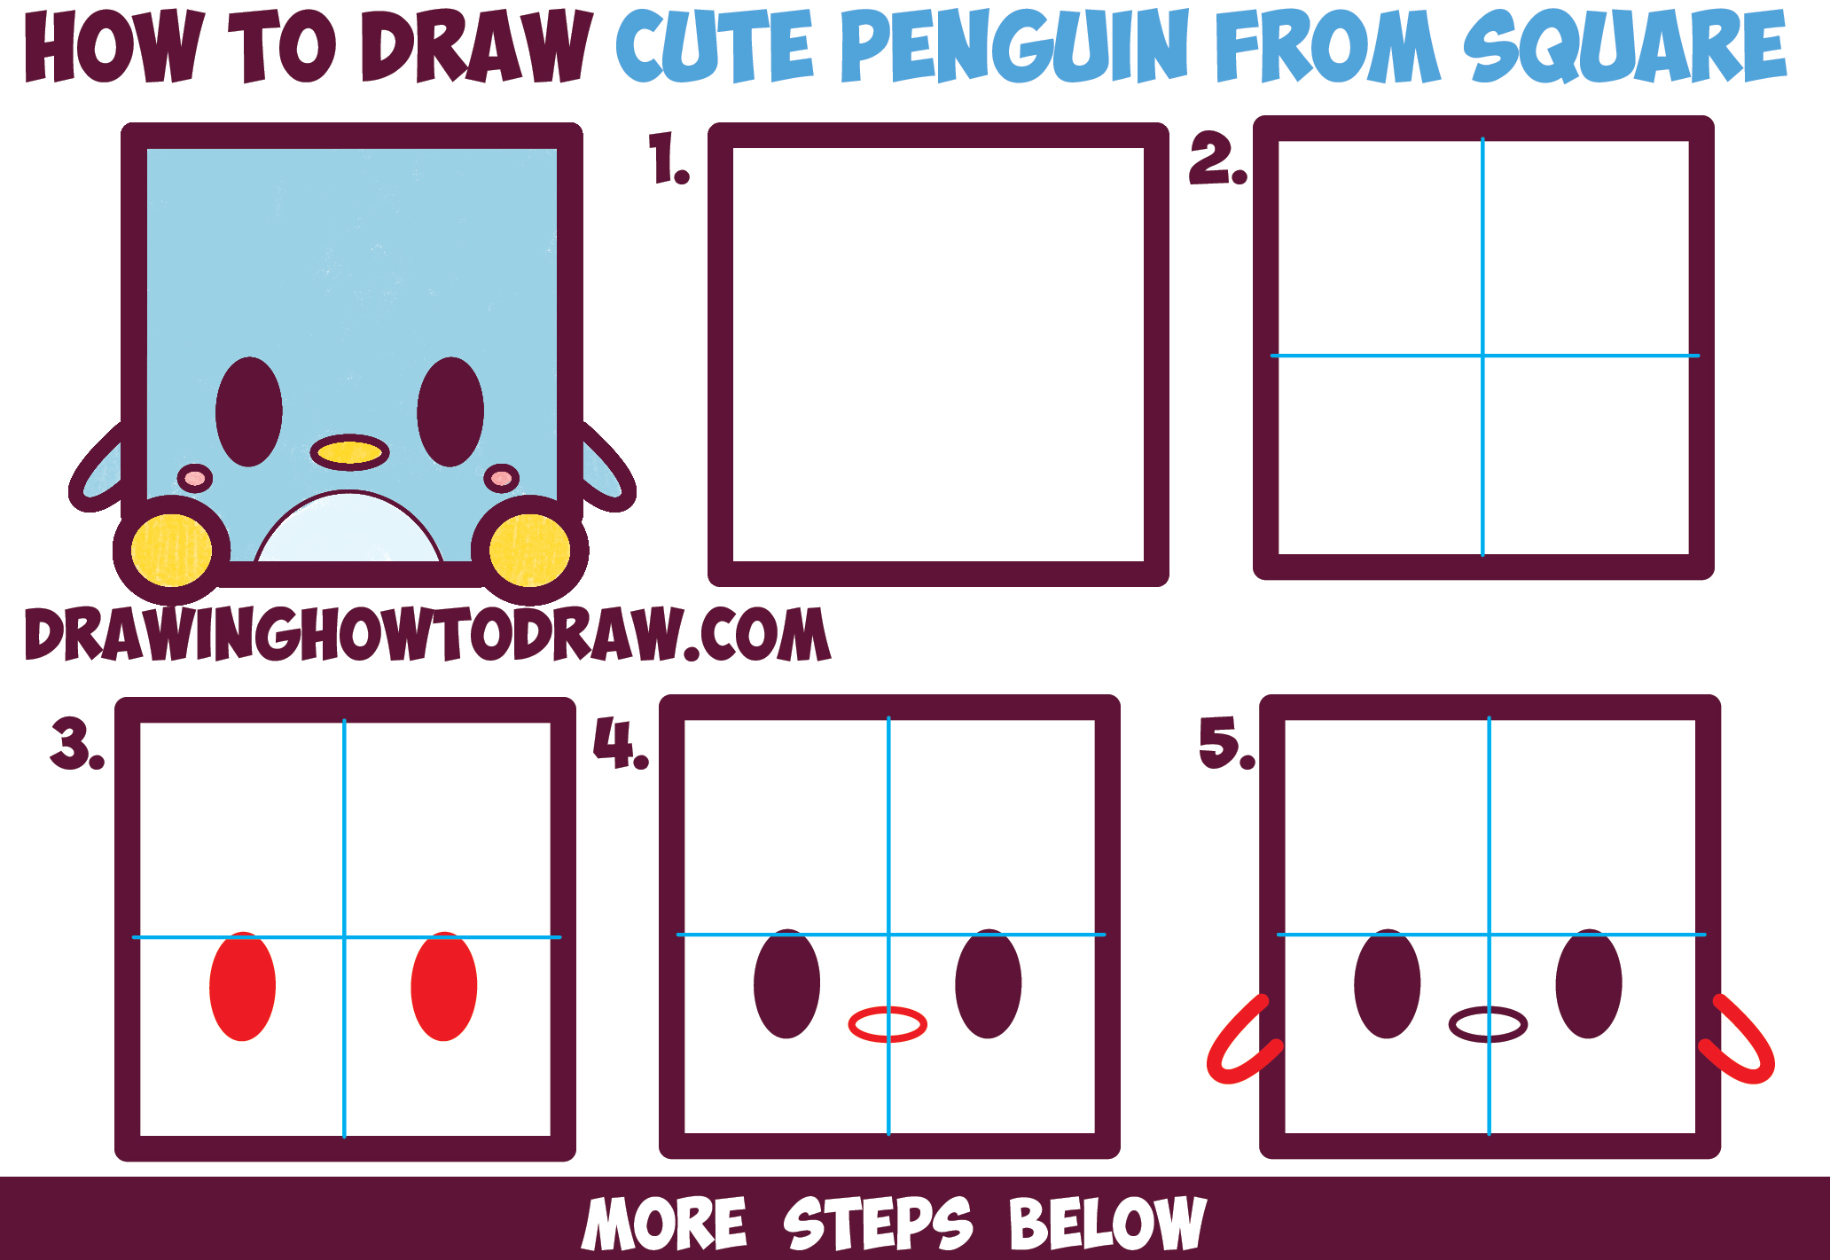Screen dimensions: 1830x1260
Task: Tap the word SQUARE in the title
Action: [x=1624, y=47]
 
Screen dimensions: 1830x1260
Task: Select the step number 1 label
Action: [x=669, y=160]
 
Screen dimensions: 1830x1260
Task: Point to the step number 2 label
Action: [x=1217, y=160]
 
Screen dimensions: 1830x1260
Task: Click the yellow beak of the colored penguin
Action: [x=349, y=452]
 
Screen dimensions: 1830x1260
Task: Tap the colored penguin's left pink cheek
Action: [x=195, y=479]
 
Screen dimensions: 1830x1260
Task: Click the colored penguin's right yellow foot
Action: [x=529, y=551]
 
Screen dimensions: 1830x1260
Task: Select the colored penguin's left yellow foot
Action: [x=171, y=551]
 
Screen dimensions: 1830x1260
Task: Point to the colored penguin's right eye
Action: [x=450, y=411]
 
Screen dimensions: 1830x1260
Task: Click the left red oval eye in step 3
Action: [x=242, y=986]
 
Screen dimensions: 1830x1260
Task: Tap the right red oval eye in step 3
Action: [x=443, y=986]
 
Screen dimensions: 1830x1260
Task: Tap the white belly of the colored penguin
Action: [x=348, y=532]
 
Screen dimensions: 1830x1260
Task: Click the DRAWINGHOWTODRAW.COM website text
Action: [x=427, y=635]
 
